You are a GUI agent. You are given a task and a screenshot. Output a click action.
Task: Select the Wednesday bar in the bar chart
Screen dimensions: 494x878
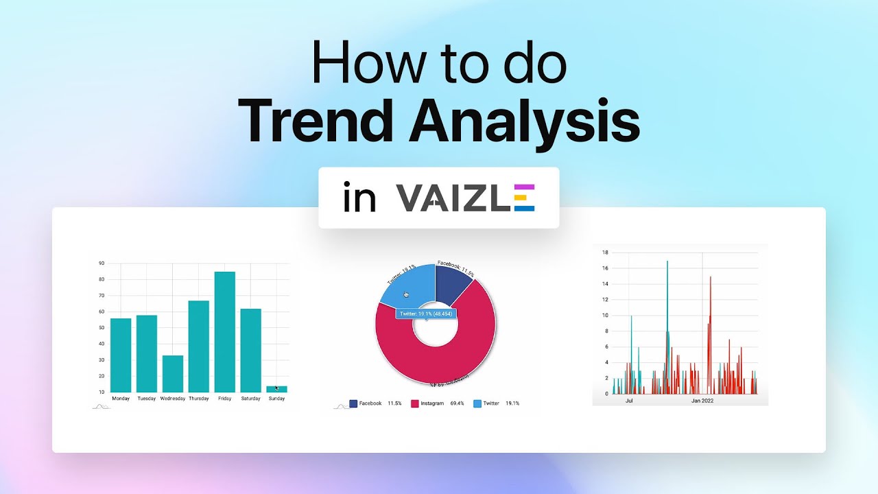[x=173, y=373]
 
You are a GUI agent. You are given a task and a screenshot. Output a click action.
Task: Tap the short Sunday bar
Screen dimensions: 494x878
[x=276, y=389]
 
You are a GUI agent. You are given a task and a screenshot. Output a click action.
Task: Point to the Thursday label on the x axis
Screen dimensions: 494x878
[x=199, y=399]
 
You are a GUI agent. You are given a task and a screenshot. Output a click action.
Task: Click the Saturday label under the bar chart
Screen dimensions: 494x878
[x=250, y=399]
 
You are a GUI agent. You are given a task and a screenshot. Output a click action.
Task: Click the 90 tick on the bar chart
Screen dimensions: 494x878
[x=102, y=263]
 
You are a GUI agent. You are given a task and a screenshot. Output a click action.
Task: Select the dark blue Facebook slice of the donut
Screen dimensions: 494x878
[x=453, y=282]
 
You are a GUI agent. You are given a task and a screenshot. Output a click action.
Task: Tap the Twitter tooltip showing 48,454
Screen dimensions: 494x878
[x=426, y=314]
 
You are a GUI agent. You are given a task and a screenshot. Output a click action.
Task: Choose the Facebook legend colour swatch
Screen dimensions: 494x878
[x=353, y=403]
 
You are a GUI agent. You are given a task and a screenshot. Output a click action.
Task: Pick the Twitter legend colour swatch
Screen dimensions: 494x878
[x=478, y=403]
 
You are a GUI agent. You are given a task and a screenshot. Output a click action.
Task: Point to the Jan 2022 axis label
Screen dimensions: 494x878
[x=702, y=401]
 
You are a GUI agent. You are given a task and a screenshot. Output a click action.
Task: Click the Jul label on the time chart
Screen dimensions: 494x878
[x=629, y=401]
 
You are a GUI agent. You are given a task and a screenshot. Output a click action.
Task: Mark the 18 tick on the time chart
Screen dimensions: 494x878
[x=605, y=252]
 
